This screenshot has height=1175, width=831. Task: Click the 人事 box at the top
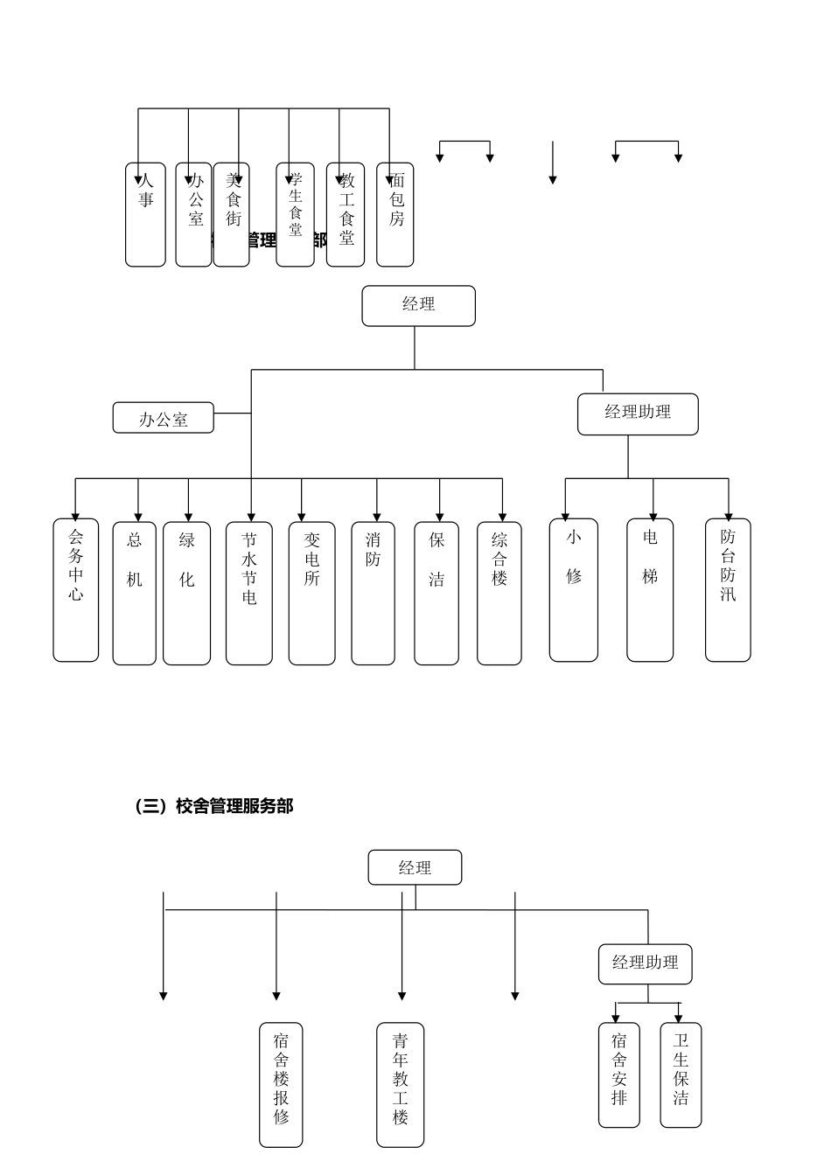pyautogui.click(x=145, y=214)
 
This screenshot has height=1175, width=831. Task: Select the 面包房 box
pyautogui.click(x=395, y=214)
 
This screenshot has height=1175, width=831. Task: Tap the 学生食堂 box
pyautogui.click(x=296, y=214)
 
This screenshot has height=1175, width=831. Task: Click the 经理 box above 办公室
pyautogui.click(x=418, y=305)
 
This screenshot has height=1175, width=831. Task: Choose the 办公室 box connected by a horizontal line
pyautogui.click(x=164, y=418)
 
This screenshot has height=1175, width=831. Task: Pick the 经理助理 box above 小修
pyautogui.click(x=638, y=414)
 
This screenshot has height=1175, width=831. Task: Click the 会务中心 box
pyautogui.click(x=76, y=590)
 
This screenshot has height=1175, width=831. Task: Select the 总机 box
pyautogui.click(x=135, y=593)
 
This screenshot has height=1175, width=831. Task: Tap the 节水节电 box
pyautogui.click(x=249, y=593)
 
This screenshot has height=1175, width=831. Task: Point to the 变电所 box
pyautogui.click(x=312, y=593)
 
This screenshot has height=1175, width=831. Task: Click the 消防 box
pyautogui.click(x=374, y=593)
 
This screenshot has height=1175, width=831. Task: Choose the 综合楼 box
pyautogui.click(x=499, y=593)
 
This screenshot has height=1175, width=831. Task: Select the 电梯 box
pyautogui.click(x=650, y=590)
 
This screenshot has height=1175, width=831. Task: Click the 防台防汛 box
pyautogui.click(x=728, y=590)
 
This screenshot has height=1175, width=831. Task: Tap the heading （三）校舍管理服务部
pyautogui.click(x=213, y=806)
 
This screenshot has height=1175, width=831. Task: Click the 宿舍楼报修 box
pyautogui.click(x=281, y=1084)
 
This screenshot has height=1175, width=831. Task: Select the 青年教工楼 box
pyautogui.click(x=401, y=1084)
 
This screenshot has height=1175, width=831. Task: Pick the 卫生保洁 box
pyautogui.click(x=681, y=1074)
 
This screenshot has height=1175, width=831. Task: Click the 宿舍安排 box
pyautogui.click(x=619, y=1074)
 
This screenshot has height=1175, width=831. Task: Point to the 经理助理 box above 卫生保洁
pyautogui.click(x=646, y=963)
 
